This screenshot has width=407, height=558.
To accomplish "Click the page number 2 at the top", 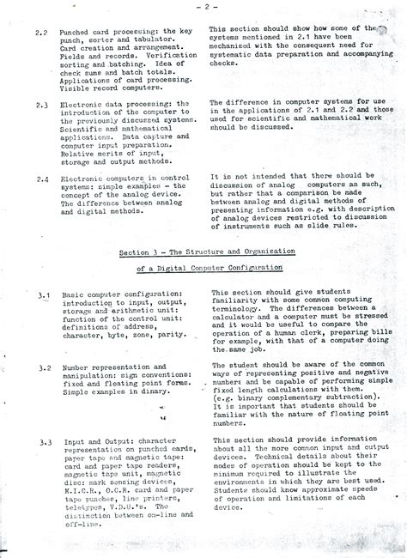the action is coord(207,8).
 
